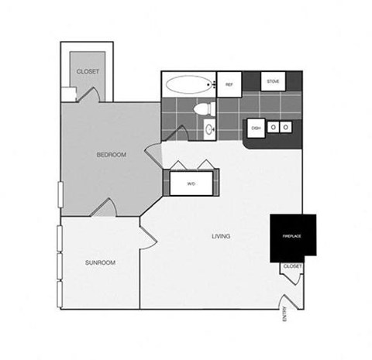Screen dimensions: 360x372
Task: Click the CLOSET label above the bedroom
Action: click(88, 72)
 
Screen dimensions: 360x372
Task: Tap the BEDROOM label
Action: click(112, 155)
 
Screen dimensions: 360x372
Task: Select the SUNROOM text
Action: click(100, 262)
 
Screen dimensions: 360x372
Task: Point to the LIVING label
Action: click(220, 235)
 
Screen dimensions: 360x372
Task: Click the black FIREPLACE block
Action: click(291, 236)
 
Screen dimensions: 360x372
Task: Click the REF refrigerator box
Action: click(229, 84)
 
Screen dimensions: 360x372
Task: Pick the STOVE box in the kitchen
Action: click(274, 82)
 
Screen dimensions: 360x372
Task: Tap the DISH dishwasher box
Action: click(255, 128)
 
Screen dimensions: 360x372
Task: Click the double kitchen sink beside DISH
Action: click(280, 127)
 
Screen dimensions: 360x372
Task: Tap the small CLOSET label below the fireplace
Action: click(292, 266)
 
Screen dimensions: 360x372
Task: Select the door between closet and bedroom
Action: click(88, 95)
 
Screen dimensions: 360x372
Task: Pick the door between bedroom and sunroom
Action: click(107, 207)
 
